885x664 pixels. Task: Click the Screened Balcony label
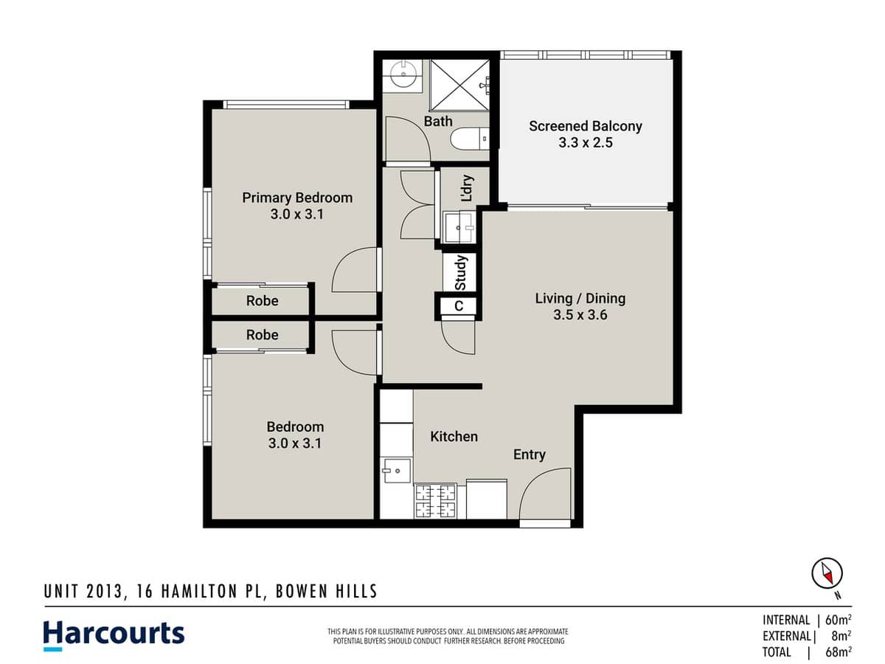pyautogui.click(x=585, y=126)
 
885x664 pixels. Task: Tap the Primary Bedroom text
pyautogui.click(x=297, y=198)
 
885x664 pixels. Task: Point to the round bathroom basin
pyautogui.click(x=403, y=74)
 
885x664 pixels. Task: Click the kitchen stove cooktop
pyautogui.click(x=435, y=500)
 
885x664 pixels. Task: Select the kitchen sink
pyautogui.click(x=395, y=470)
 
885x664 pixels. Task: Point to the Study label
pyautogui.click(x=461, y=272)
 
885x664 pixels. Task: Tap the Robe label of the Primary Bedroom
pyautogui.click(x=262, y=301)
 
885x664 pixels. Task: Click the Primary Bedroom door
pyautogui.click(x=355, y=272)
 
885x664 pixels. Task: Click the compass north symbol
pyautogui.click(x=827, y=573)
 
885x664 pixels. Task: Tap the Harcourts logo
pyautogui.click(x=114, y=634)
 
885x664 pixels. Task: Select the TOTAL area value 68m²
pyautogui.click(x=839, y=652)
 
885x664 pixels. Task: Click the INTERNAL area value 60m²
pyautogui.click(x=839, y=620)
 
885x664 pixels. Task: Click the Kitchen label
pyautogui.click(x=454, y=437)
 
